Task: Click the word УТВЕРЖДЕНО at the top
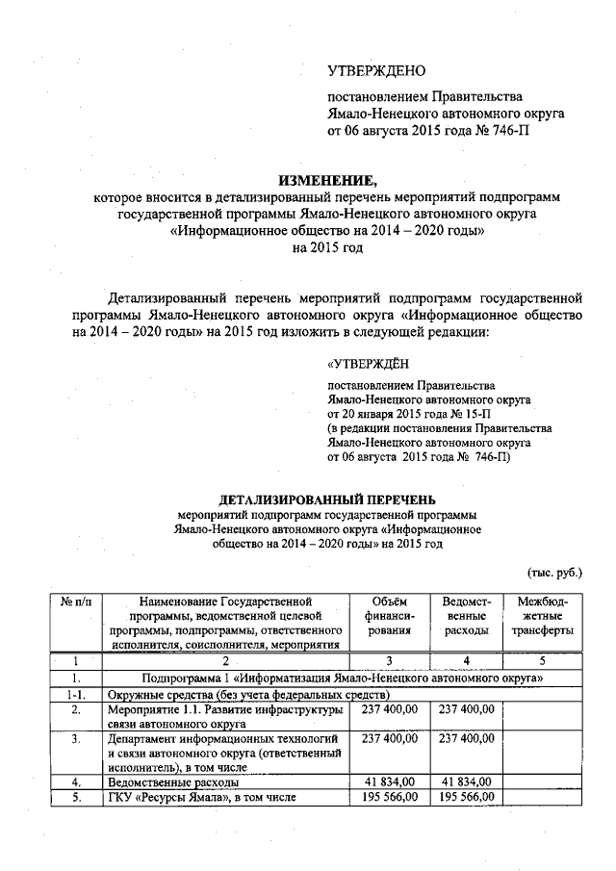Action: tap(376, 71)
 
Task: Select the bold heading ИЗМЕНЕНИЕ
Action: tap(328, 179)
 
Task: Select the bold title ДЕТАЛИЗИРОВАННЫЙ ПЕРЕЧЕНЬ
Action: tap(327, 500)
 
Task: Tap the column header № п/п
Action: tap(74, 602)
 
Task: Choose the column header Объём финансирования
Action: tap(389, 616)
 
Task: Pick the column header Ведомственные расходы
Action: tap(460, 616)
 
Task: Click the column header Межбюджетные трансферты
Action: tap(541, 616)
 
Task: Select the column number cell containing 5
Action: tap(541, 661)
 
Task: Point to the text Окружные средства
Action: tap(160, 693)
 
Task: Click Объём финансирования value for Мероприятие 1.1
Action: tap(389, 708)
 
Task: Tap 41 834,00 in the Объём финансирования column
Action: tap(389, 781)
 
